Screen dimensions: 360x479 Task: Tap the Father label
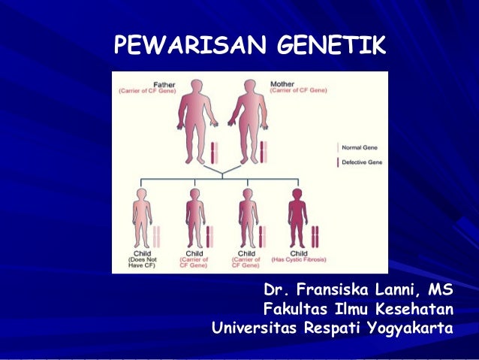coord(163,83)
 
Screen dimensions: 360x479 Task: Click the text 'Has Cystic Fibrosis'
coord(299,259)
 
